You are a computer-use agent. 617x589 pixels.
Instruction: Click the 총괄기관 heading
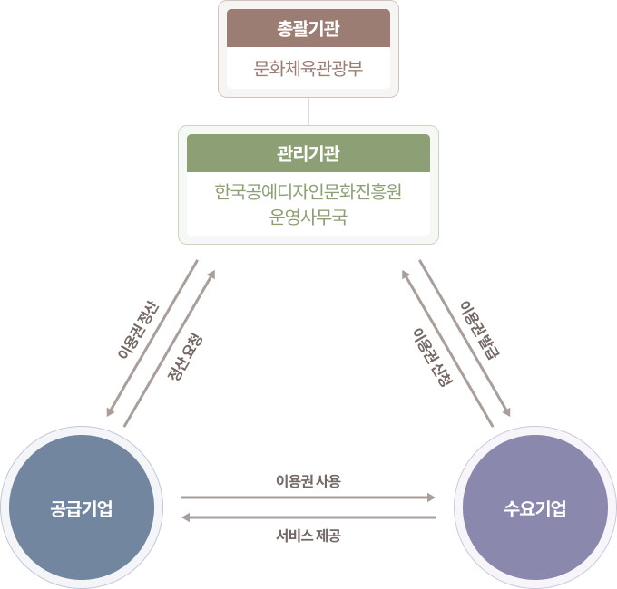click(308, 27)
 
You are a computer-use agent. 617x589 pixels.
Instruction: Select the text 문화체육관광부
click(308, 68)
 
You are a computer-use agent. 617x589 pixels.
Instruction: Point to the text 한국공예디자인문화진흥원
click(308, 192)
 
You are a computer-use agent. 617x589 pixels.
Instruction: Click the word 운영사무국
click(308, 217)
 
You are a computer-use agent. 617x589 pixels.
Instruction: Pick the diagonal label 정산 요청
click(185, 356)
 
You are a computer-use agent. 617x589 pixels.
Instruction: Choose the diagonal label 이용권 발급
click(480, 327)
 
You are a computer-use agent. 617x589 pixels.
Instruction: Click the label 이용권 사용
click(308, 480)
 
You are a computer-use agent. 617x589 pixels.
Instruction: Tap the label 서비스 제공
click(308, 535)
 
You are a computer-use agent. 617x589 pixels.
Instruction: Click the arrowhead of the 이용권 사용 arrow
click(432, 497)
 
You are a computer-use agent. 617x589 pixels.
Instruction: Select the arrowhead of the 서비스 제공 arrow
click(185, 517)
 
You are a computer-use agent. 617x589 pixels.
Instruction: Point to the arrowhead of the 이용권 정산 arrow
click(109, 412)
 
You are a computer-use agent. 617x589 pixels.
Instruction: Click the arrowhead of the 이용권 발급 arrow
click(508, 412)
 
